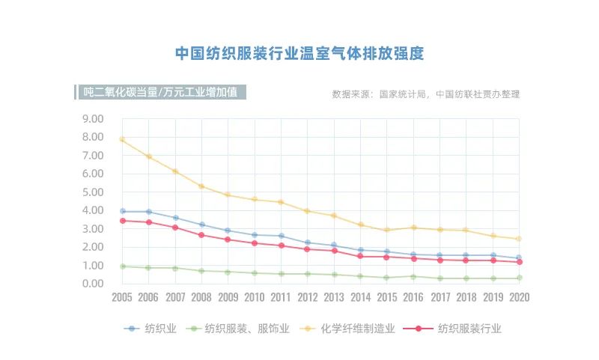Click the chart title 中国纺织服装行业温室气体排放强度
pyautogui.click(x=299, y=54)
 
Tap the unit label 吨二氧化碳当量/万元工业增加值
pyautogui.click(x=161, y=93)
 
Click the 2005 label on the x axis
pyautogui.click(x=122, y=297)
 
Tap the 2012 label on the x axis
pyautogui.click(x=308, y=297)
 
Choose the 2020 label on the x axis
pyautogui.click(x=519, y=297)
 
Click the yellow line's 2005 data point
pyautogui.click(x=122, y=140)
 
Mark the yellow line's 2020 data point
pyautogui.click(x=519, y=239)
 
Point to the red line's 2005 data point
pyautogui.click(x=122, y=220)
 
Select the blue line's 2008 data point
pyautogui.click(x=201, y=225)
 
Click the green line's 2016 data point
pyautogui.click(x=413, y=276)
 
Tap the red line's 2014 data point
pyautogui.click(x=360, y=256)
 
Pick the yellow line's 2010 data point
pyautogui.click(x=255, y=199)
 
